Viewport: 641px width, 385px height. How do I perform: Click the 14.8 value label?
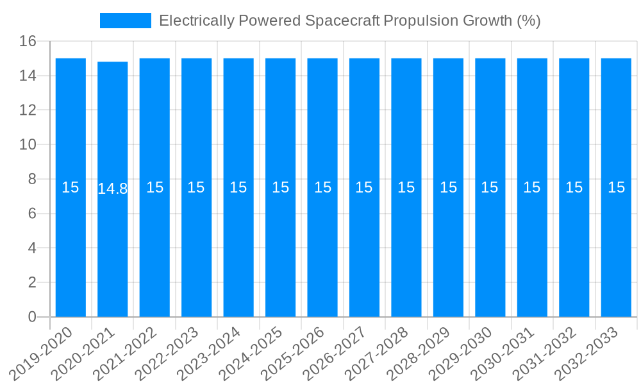[113, 189]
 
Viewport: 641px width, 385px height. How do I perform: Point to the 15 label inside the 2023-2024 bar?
[238, 187]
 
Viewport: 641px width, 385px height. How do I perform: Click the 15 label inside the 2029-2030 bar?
[490, 187]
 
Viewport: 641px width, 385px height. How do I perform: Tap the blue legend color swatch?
[126, 21]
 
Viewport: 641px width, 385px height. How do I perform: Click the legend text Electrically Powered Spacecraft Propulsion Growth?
[349, 21]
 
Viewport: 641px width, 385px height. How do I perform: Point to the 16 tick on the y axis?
[28, 42]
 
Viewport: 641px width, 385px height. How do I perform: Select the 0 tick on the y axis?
[32, 317]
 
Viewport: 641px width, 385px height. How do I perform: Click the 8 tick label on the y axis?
[32, 179]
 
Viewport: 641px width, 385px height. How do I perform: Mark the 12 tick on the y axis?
[28, 110]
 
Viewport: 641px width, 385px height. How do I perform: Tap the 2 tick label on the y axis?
[32, 282]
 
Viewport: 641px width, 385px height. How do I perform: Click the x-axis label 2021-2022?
[125, 353]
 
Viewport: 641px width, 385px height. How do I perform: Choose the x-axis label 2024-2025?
[251, 353]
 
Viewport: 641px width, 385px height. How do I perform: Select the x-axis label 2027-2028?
[376, 353]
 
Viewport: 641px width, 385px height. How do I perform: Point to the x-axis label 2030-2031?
[502, 353]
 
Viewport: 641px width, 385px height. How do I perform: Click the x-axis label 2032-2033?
[586, 353]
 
